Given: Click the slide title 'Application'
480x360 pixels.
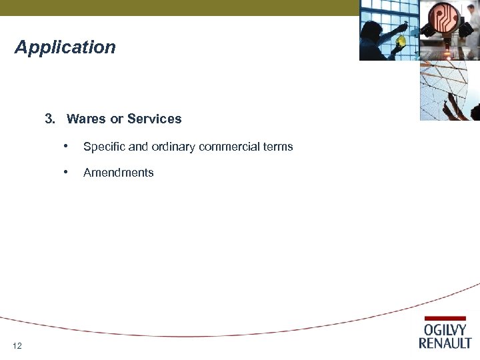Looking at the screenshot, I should [65, 48].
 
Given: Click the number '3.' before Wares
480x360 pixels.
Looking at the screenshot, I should [50, 119].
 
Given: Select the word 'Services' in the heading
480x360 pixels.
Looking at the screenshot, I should [154, 119].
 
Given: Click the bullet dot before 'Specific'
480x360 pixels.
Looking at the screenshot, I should [65, 145].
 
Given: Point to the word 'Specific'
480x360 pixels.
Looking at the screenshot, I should [103, 147].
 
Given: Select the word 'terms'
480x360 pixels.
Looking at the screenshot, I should [278, 147].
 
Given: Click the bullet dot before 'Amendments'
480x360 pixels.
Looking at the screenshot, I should [65, 171].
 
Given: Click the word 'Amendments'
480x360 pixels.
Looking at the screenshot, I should [119, 173].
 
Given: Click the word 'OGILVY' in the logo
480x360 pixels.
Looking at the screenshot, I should [446, 330].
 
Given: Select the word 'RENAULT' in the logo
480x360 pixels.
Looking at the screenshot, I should [445, 343].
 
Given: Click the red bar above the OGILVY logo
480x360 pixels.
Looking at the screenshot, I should [445, 319].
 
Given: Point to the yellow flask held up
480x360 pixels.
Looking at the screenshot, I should [401, 41].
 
